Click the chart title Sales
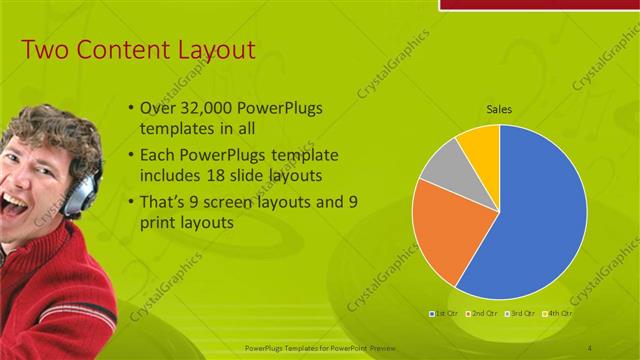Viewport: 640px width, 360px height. point(499,109)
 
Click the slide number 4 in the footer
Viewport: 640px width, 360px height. point(590,347)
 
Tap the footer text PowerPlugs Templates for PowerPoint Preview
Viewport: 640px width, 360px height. point(320,347)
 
